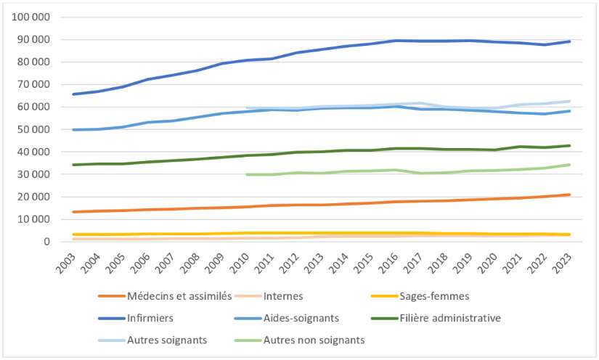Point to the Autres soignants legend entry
tap(166, 339)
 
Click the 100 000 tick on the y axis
tap(31, 17)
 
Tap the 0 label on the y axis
tap(47, 242)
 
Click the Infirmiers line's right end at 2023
tap(570, 41)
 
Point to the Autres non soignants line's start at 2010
tap(247, 174)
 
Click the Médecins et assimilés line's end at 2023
tap(570, 195)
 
